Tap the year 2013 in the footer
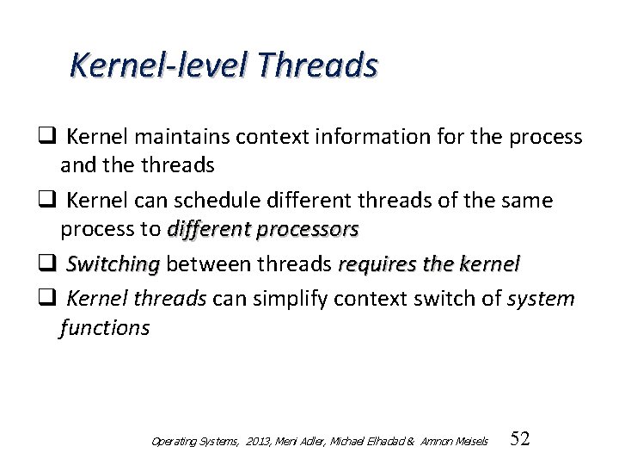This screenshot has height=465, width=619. tap(256, 441)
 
